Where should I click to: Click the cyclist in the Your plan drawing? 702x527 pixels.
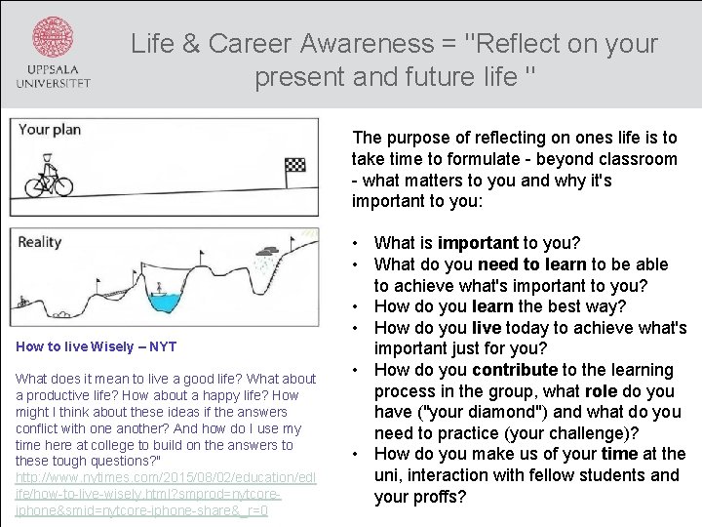pyautogui.click(x=49, y=181)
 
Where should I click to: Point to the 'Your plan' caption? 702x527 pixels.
pyautogui.click(x=49, y=129)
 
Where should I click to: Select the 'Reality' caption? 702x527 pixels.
pyautogui.click(x=39, y=241)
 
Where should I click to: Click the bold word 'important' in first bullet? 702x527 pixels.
pyautogui.click(x=478, y=243)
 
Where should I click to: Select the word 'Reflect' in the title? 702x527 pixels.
pyautogui.click(x=521, y=44)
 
